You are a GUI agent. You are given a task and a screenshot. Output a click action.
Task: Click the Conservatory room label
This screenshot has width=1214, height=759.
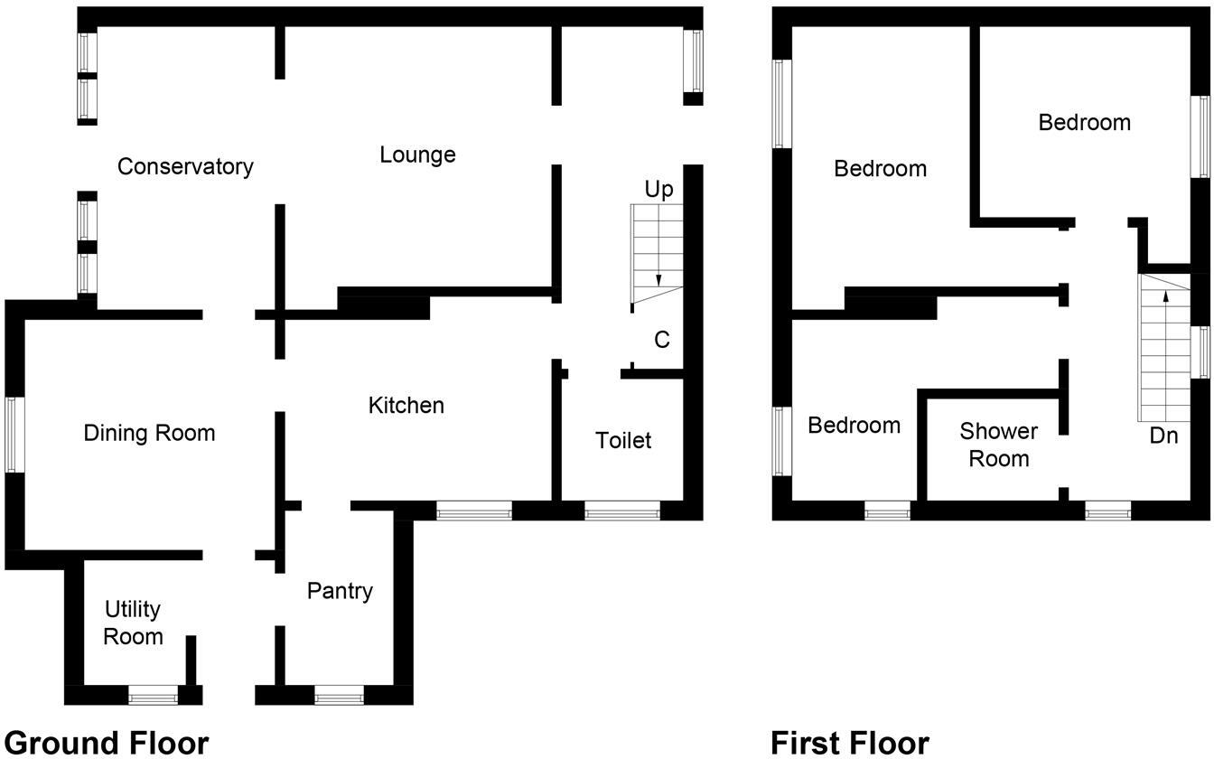point(185,167)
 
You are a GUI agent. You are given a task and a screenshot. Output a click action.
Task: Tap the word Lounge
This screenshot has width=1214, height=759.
point(417,155)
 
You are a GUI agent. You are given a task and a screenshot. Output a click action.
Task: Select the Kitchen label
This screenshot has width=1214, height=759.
point(406,406)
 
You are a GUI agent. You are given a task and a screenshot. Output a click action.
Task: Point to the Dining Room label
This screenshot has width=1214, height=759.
point(149,434)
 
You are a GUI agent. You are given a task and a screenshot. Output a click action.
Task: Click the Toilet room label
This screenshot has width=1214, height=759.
point(623,441)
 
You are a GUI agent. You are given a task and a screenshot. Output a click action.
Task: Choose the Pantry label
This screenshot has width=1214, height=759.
point(340,591)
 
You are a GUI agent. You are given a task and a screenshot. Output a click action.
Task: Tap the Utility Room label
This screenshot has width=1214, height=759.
point(133,623)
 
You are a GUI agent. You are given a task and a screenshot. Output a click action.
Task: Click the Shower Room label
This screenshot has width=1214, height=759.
point(998,445)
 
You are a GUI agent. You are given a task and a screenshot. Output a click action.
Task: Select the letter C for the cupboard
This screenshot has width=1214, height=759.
point(662,341)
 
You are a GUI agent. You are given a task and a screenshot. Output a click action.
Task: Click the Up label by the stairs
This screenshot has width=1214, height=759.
point(658,191)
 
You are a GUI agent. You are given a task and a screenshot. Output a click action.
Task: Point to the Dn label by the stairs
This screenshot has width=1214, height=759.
point(1163,436)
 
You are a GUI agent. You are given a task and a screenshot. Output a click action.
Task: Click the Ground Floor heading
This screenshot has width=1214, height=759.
point(107,743)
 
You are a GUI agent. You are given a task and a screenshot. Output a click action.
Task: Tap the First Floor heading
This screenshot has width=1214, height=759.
point(850,743)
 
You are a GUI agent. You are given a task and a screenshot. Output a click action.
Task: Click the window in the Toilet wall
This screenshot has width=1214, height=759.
point(622,513)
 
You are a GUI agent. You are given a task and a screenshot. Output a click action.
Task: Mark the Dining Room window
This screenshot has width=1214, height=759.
point(14,435)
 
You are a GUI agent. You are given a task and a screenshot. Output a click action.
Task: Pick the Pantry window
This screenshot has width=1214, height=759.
point(339,696)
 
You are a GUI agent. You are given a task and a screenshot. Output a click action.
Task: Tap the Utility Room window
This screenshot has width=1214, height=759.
point(153,696)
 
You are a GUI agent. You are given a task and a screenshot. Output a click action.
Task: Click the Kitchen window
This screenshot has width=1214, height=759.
point(474,513)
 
